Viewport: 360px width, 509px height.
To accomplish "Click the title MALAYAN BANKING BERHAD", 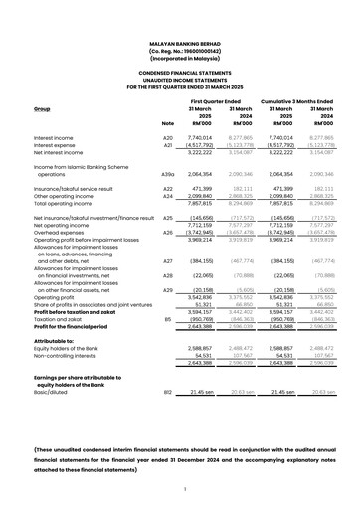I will pos(179,44).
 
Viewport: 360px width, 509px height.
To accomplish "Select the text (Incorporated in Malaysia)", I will pos(179,59).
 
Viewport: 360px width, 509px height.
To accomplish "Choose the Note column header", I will pos(167,122).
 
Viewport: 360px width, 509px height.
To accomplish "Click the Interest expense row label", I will pos(60,146).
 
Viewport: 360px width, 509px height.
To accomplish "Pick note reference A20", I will pos(167,138).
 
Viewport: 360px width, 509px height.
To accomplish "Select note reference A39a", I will pos(167,174).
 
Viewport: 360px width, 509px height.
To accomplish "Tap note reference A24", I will pos(167,197).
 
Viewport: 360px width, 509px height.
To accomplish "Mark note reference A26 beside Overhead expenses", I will pos(167,232).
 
